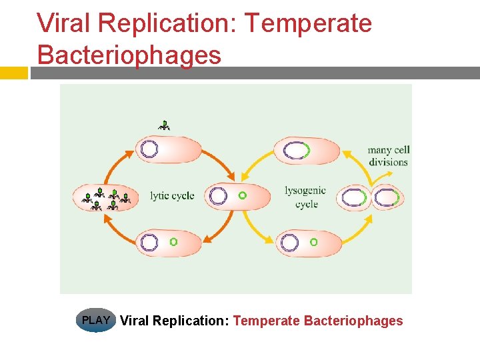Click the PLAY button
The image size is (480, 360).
coord(96,321)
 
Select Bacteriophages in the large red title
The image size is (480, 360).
coord(129,54)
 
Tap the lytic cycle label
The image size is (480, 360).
coord(172,196)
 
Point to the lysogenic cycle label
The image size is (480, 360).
coord(305,197)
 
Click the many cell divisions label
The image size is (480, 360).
coord(388,156)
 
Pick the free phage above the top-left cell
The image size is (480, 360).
coord(165,124)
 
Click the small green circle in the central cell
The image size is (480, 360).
coord(242,196)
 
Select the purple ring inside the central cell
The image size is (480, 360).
coord(218,196)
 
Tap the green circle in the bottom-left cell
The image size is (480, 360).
coord(173,242)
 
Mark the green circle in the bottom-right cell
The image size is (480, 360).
coord(314,242)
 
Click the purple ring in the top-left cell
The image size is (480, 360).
coord(150,149)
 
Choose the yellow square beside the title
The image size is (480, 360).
coord(13,73)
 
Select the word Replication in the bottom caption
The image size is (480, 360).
coord(191,321)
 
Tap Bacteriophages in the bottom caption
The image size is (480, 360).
coord(353,321)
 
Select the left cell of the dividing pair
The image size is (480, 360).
coord(353,198)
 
